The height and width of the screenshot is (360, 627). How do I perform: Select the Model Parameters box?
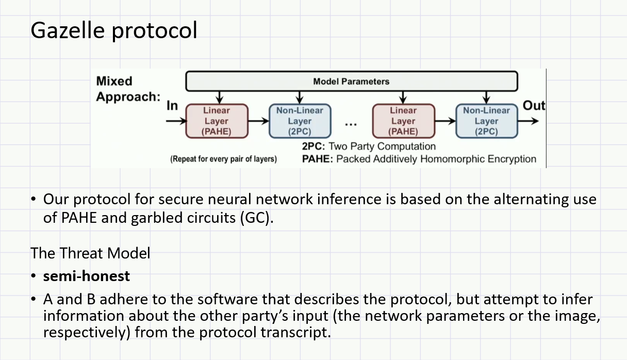pos(351,81)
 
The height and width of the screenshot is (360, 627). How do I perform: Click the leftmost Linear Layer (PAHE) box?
pos(217,121)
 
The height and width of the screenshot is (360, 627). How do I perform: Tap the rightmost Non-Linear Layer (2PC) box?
pos(486,121)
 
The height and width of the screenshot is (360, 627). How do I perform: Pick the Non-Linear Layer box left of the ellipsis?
pos(300,121)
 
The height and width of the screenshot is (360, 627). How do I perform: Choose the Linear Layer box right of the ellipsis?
pos(403,121)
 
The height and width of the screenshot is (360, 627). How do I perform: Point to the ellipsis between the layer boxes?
pos(351,124)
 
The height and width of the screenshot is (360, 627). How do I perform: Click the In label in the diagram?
pos(172,106)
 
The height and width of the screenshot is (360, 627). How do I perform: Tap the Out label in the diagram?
pos(534,105)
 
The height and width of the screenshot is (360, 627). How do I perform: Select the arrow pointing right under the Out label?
pos(529,121)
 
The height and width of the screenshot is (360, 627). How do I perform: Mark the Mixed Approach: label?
pos(128,89)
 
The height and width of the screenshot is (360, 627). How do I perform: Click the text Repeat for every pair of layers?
pos(223,159)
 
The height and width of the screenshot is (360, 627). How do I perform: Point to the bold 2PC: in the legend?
pos(313,146)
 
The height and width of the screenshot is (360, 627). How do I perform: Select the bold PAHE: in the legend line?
pos(318,159)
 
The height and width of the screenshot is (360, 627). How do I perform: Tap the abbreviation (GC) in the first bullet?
pos(255,218)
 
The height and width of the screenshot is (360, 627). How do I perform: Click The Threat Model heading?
pos(90,253)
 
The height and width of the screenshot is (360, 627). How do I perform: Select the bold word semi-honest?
pos(87,276)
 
